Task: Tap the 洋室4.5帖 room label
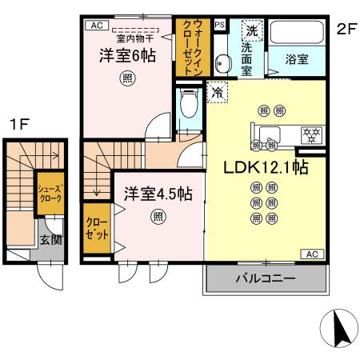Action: coord(157,193)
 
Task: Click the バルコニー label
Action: coord(265,279)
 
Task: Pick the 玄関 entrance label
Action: coord(51,239)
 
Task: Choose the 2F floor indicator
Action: coord(346,30)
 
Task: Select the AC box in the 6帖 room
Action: coord(97,26)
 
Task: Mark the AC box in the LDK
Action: coord(313,254)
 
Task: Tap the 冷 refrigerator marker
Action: coord(215,92)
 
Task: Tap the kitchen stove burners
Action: coord(310,134)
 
